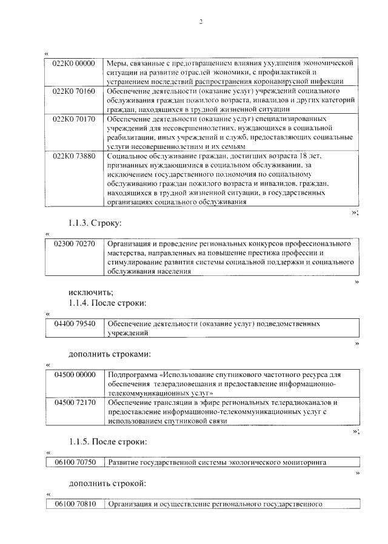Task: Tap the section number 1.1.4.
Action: [x=81, y=303]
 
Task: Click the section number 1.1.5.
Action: [x=81, y=441]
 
